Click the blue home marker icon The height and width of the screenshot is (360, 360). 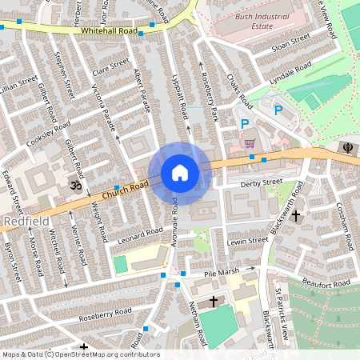click(180, 173)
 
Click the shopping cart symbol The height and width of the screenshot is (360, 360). click(250, 144)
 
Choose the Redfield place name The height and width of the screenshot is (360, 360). click(27, 220)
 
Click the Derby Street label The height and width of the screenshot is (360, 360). click(262, 183)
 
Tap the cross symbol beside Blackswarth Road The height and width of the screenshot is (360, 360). click(296, 215)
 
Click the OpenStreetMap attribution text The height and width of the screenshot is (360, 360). click(80, 354)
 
